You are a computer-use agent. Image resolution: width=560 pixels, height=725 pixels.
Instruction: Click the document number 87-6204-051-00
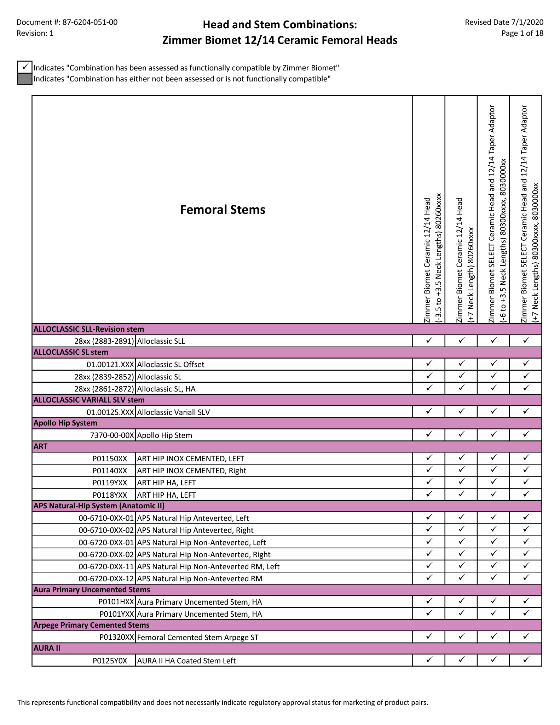point(90,22)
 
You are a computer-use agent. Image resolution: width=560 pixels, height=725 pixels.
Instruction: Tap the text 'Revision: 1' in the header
point(35,33)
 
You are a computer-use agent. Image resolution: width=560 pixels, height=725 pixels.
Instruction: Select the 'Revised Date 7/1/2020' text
point(504,22)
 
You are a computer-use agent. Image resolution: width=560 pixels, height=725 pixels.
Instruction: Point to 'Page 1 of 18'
point(522,33)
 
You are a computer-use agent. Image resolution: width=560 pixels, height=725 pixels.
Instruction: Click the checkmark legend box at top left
point(25,67)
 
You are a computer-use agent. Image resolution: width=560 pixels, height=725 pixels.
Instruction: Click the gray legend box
point(25,79)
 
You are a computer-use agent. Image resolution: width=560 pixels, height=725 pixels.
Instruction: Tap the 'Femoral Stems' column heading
point(223,210)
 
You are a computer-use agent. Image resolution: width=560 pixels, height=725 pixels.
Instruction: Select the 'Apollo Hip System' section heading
point(65,423)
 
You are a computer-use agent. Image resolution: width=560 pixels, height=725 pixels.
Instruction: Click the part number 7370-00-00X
point(112,435)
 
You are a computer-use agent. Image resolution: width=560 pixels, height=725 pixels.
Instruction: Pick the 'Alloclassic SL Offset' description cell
point(171,364)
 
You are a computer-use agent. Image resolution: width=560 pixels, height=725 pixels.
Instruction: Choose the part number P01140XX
point(110,470)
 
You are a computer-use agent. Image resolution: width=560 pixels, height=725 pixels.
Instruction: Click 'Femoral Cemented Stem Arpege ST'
point(198,637)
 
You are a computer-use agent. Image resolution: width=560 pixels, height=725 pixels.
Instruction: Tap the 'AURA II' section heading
point(47,648)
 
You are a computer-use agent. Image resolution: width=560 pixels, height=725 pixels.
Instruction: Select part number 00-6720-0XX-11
point(106,566)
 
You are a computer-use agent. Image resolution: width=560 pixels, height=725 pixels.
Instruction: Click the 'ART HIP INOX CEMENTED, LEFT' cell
point(191,458)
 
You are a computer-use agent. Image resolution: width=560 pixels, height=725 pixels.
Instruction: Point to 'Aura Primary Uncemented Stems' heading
point(92,589)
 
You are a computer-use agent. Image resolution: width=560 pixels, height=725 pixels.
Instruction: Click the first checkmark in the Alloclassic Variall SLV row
point(429,411)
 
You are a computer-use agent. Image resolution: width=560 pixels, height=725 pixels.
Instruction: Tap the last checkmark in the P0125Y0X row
point(526,660)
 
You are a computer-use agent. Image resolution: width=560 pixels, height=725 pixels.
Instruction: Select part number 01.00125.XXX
point(110,412)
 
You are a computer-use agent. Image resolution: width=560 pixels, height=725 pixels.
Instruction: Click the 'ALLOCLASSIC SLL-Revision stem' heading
point(89,329)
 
